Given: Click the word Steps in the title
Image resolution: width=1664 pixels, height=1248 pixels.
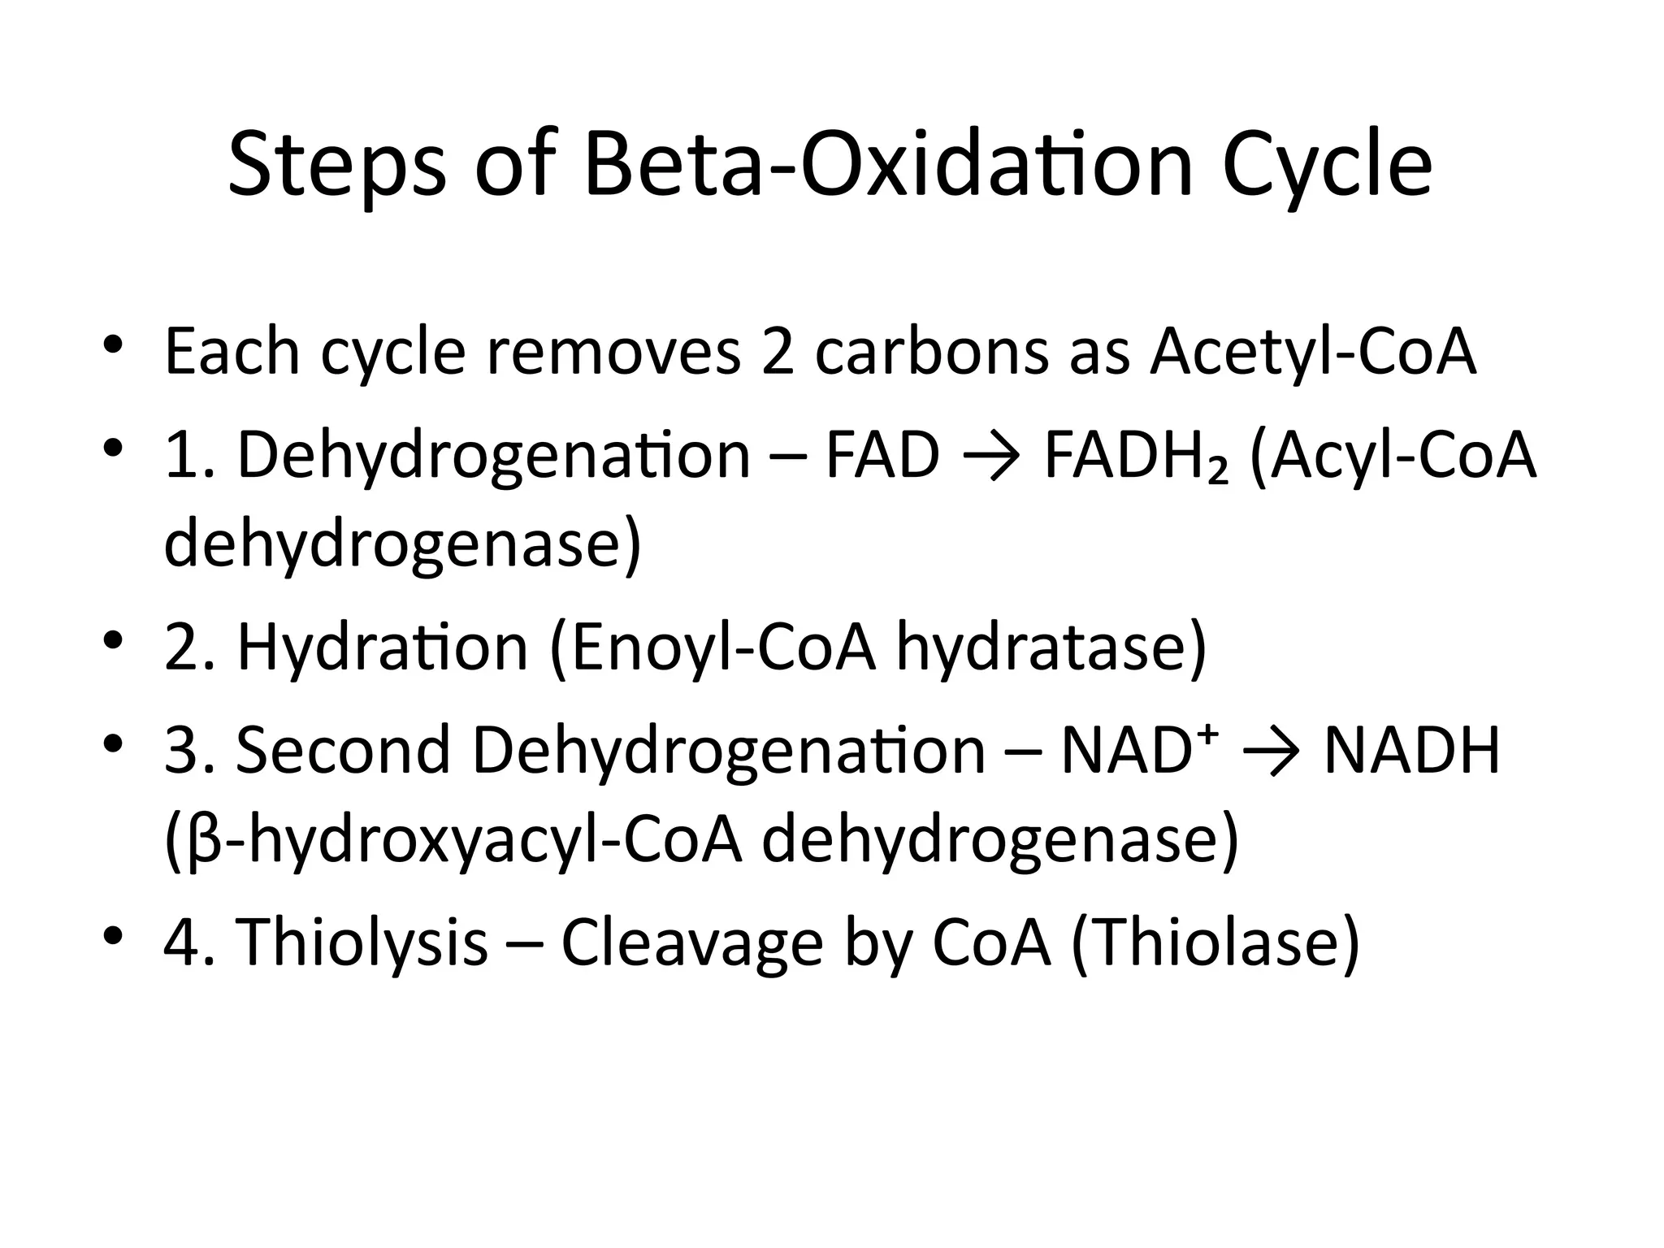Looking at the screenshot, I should [x=336, y=167].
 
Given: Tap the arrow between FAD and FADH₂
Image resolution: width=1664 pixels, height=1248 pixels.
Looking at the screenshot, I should [x=990, y=457].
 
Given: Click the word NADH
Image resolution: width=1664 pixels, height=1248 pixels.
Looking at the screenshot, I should [x=1412, y=750].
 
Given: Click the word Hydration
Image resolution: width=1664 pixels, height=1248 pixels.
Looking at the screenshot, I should [x=383, y=649].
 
